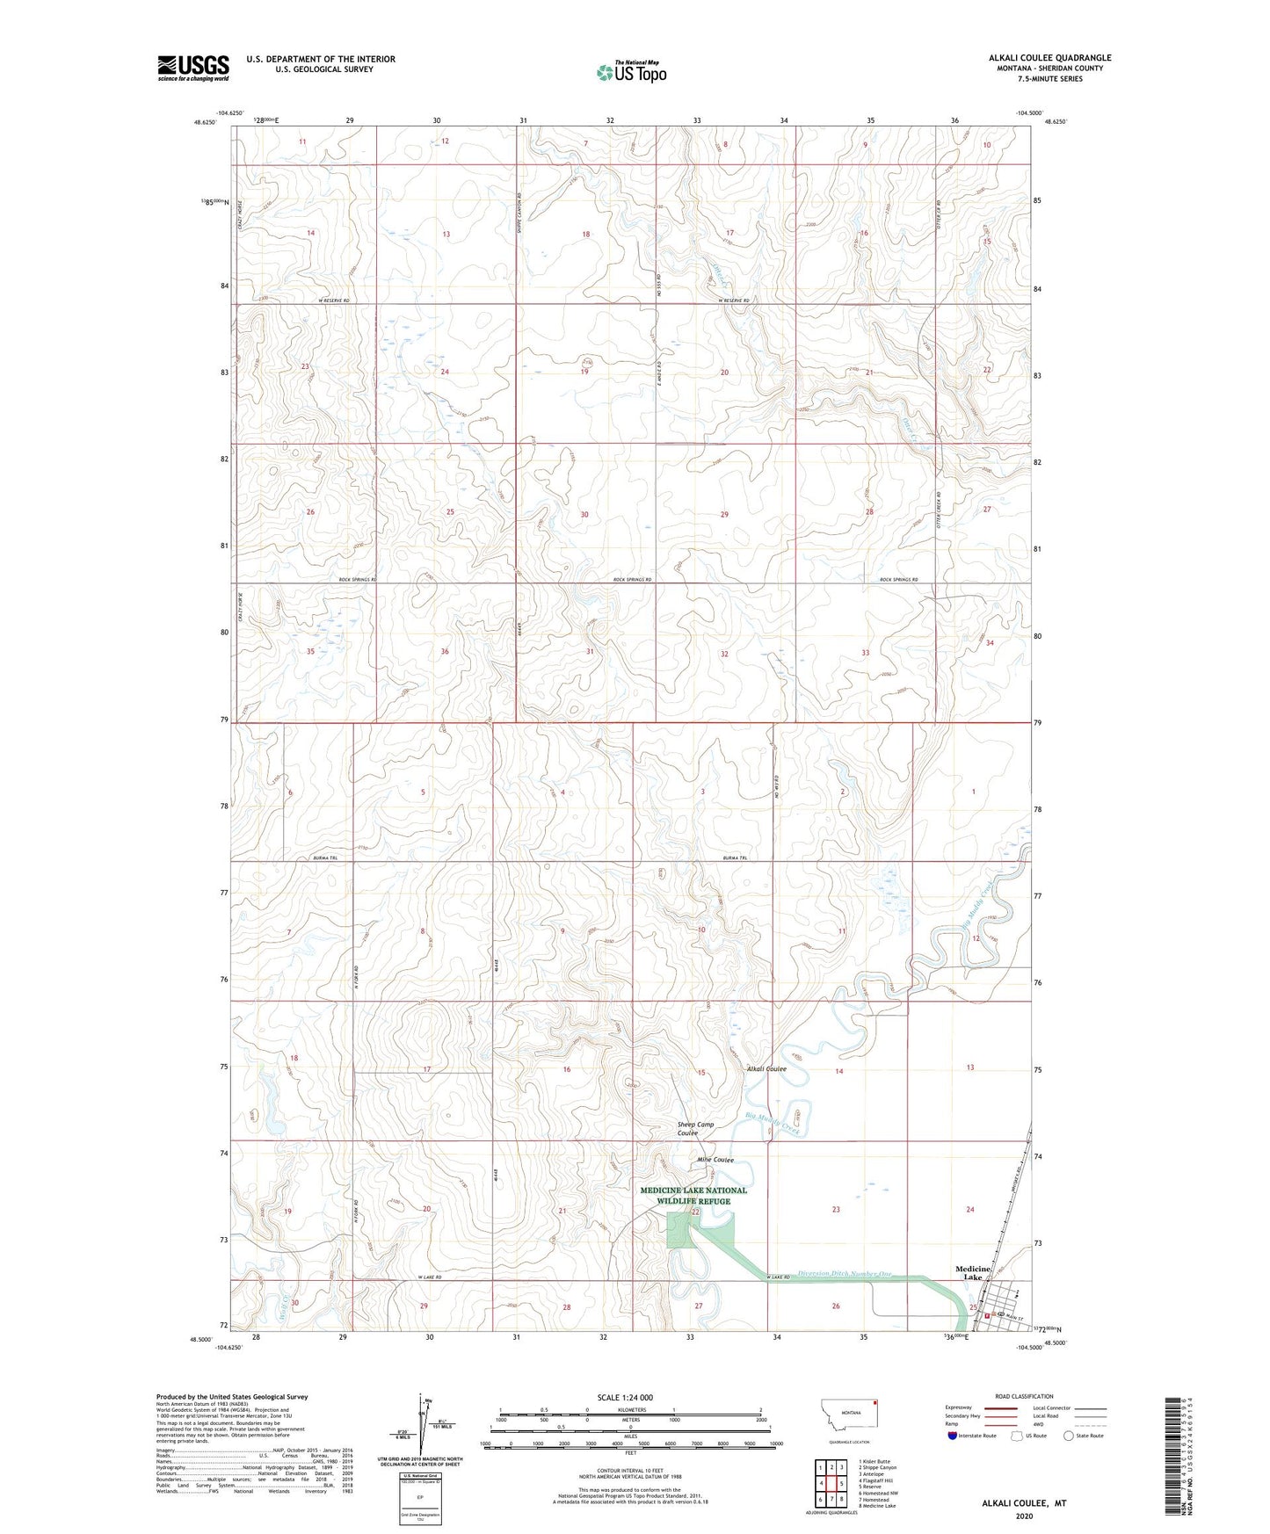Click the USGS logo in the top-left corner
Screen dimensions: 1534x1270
pos(193,68)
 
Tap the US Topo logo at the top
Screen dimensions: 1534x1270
pos(631,72)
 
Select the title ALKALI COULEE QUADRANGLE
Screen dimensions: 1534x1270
pos(1049,58)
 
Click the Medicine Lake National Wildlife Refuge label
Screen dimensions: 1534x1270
pos(693,1196)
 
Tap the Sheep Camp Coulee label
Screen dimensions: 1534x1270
pos(695,1129)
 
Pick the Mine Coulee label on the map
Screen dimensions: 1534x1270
pos(715,1160)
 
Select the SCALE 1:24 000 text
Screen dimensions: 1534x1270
pos(625,1398)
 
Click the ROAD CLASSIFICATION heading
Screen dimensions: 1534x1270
pos(1024,1396)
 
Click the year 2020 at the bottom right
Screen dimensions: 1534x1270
pos(1023,1516)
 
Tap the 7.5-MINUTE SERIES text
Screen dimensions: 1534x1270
pos(1049,79)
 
